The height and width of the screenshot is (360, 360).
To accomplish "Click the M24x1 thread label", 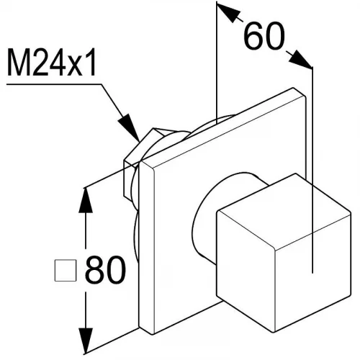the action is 52,62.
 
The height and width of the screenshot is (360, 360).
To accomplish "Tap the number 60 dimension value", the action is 264,36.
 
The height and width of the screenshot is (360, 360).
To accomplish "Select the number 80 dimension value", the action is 106,270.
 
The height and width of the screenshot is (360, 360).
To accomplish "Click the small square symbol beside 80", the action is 66,270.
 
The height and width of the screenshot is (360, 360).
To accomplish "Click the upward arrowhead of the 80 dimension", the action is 86,200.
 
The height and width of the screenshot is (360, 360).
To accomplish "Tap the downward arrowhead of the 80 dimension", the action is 86,341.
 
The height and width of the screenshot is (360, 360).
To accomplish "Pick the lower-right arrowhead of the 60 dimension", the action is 301,59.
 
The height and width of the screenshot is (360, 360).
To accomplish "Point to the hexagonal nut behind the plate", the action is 135,158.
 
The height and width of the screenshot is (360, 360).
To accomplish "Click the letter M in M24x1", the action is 19,62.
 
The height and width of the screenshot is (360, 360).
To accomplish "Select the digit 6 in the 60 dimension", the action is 253,36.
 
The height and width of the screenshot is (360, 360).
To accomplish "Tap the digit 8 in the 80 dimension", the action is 95,270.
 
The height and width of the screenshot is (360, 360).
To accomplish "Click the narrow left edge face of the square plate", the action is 147,247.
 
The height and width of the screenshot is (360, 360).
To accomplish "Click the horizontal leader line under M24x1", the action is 54,84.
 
